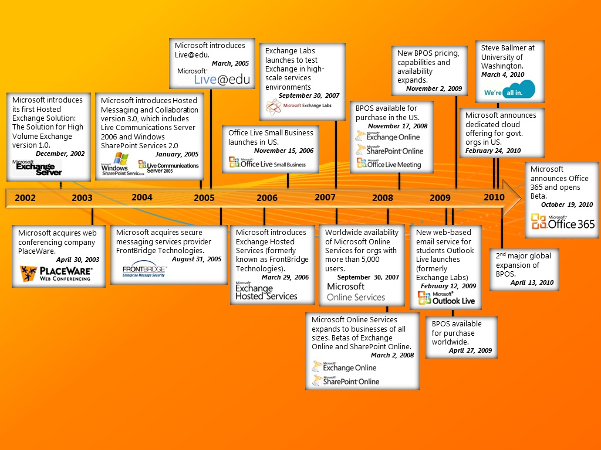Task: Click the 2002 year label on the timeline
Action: (25, 198)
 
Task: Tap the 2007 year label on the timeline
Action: (325, 197)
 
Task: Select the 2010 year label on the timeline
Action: (494, 197)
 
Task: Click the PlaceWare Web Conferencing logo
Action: (56, 274)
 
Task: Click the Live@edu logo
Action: (214, 77)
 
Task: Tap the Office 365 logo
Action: (563, 221)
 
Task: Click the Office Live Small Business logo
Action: (268, 163)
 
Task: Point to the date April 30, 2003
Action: (77, 260)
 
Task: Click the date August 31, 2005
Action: (197, 259)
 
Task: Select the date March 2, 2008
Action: (392, 355)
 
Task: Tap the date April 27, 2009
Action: (471, 351)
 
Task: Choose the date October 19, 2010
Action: (567, 205)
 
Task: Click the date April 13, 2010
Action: (532, 282)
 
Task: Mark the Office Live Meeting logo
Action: (389, 164)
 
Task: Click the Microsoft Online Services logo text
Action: (356, 292)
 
